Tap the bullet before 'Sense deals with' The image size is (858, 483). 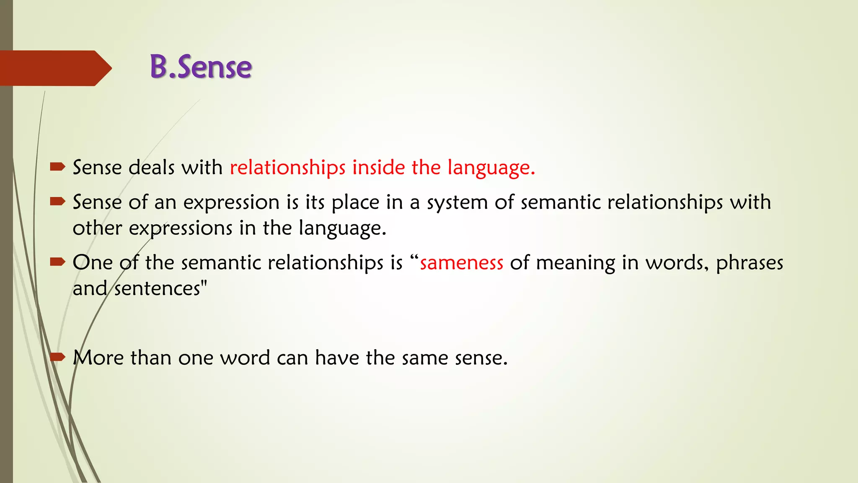(x=57, y=167)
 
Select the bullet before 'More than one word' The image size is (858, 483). (x=57, y=357)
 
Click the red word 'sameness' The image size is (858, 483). (x=461, y=263)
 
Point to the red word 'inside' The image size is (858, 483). (x=378, y=167)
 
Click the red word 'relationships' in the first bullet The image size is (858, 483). (x=287, y=167)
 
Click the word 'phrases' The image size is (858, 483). (x=749, y=263)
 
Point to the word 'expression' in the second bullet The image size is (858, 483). (x=231, y=203)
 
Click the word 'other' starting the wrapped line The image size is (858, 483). (x=97, y=229)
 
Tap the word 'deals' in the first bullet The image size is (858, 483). (x=151, y=167)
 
